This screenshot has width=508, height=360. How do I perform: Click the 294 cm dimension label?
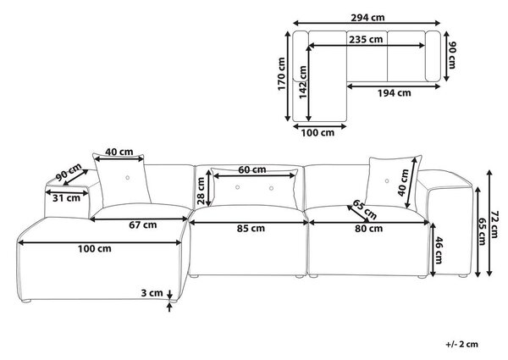[x=367, y=18]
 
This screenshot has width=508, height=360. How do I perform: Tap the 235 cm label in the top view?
[x=366, y=40]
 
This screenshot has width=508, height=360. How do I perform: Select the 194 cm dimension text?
[x=394, y=93]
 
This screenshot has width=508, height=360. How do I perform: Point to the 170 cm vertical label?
[x=281, y=74]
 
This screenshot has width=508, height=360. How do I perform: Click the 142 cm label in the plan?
[x=303, y=82]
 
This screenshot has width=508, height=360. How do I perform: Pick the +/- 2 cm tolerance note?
[x=461, y=344]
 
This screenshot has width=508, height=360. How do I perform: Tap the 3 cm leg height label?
[x=152, y=293]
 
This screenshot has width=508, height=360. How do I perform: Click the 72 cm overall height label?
[x=494, y=224]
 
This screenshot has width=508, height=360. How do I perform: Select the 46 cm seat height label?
[x=438, y=250]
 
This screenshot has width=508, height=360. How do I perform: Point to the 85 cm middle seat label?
[x=251, y=229]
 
